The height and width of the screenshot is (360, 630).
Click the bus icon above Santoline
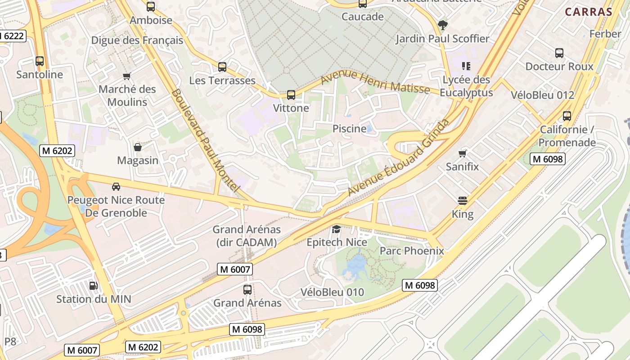[40, 61]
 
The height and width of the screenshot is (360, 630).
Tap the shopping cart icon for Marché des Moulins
[127, 76]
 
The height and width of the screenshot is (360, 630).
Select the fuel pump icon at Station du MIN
[93, 285]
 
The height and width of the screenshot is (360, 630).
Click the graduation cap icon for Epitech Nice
[336, 229]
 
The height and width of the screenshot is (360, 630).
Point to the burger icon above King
[463, 201]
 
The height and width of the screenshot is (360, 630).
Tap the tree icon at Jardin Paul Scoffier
[443, 25]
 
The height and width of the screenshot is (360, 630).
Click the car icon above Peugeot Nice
[116, 186]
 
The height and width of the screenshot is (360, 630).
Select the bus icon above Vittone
[291, 95]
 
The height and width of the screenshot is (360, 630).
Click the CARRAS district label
[589, 12]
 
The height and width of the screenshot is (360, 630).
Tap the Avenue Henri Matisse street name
[375, 82]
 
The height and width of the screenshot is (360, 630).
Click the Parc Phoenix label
[412, 251]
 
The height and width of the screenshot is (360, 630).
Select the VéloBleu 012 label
[542, 95]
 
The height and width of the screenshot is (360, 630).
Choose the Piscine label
[349, 129]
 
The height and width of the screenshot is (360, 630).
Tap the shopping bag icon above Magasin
[138, 147]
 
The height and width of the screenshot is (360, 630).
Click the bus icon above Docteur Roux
[559, 53]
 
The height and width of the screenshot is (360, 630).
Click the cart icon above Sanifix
[462, 154]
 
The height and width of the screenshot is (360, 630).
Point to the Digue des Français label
[137, 40]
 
